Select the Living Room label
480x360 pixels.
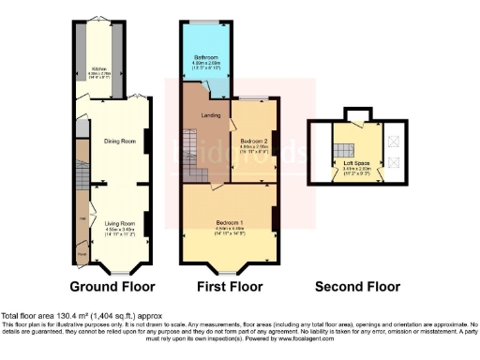[118, 222]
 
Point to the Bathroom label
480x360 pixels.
[206, 56]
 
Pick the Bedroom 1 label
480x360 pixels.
[230, 222]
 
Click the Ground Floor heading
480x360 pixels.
[112, 286]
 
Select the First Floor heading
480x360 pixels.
[229, 286]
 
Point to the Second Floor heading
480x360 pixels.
[358, 286]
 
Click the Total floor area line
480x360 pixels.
[75, 316]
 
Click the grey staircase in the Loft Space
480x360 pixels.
[344, 146]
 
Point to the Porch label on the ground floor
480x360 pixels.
[81, 253]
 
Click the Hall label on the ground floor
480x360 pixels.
[82, 218]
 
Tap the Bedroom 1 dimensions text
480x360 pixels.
[230, 229]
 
